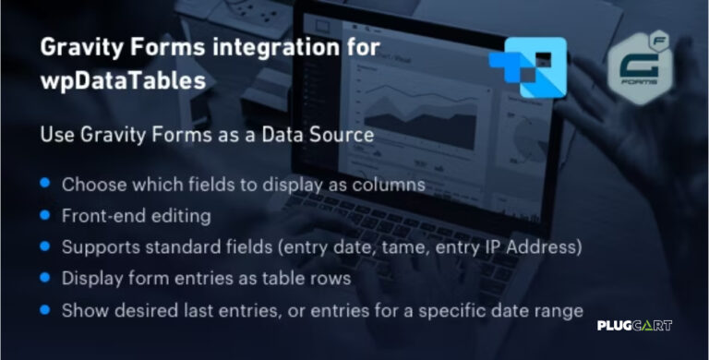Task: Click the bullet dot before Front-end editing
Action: (x=43, y=215)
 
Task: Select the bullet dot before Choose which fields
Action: (x=43, y=184)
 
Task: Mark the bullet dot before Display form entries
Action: (x=43, y=278)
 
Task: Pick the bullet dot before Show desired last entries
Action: (x=43, y=309)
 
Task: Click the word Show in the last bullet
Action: (x=82, y=310)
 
